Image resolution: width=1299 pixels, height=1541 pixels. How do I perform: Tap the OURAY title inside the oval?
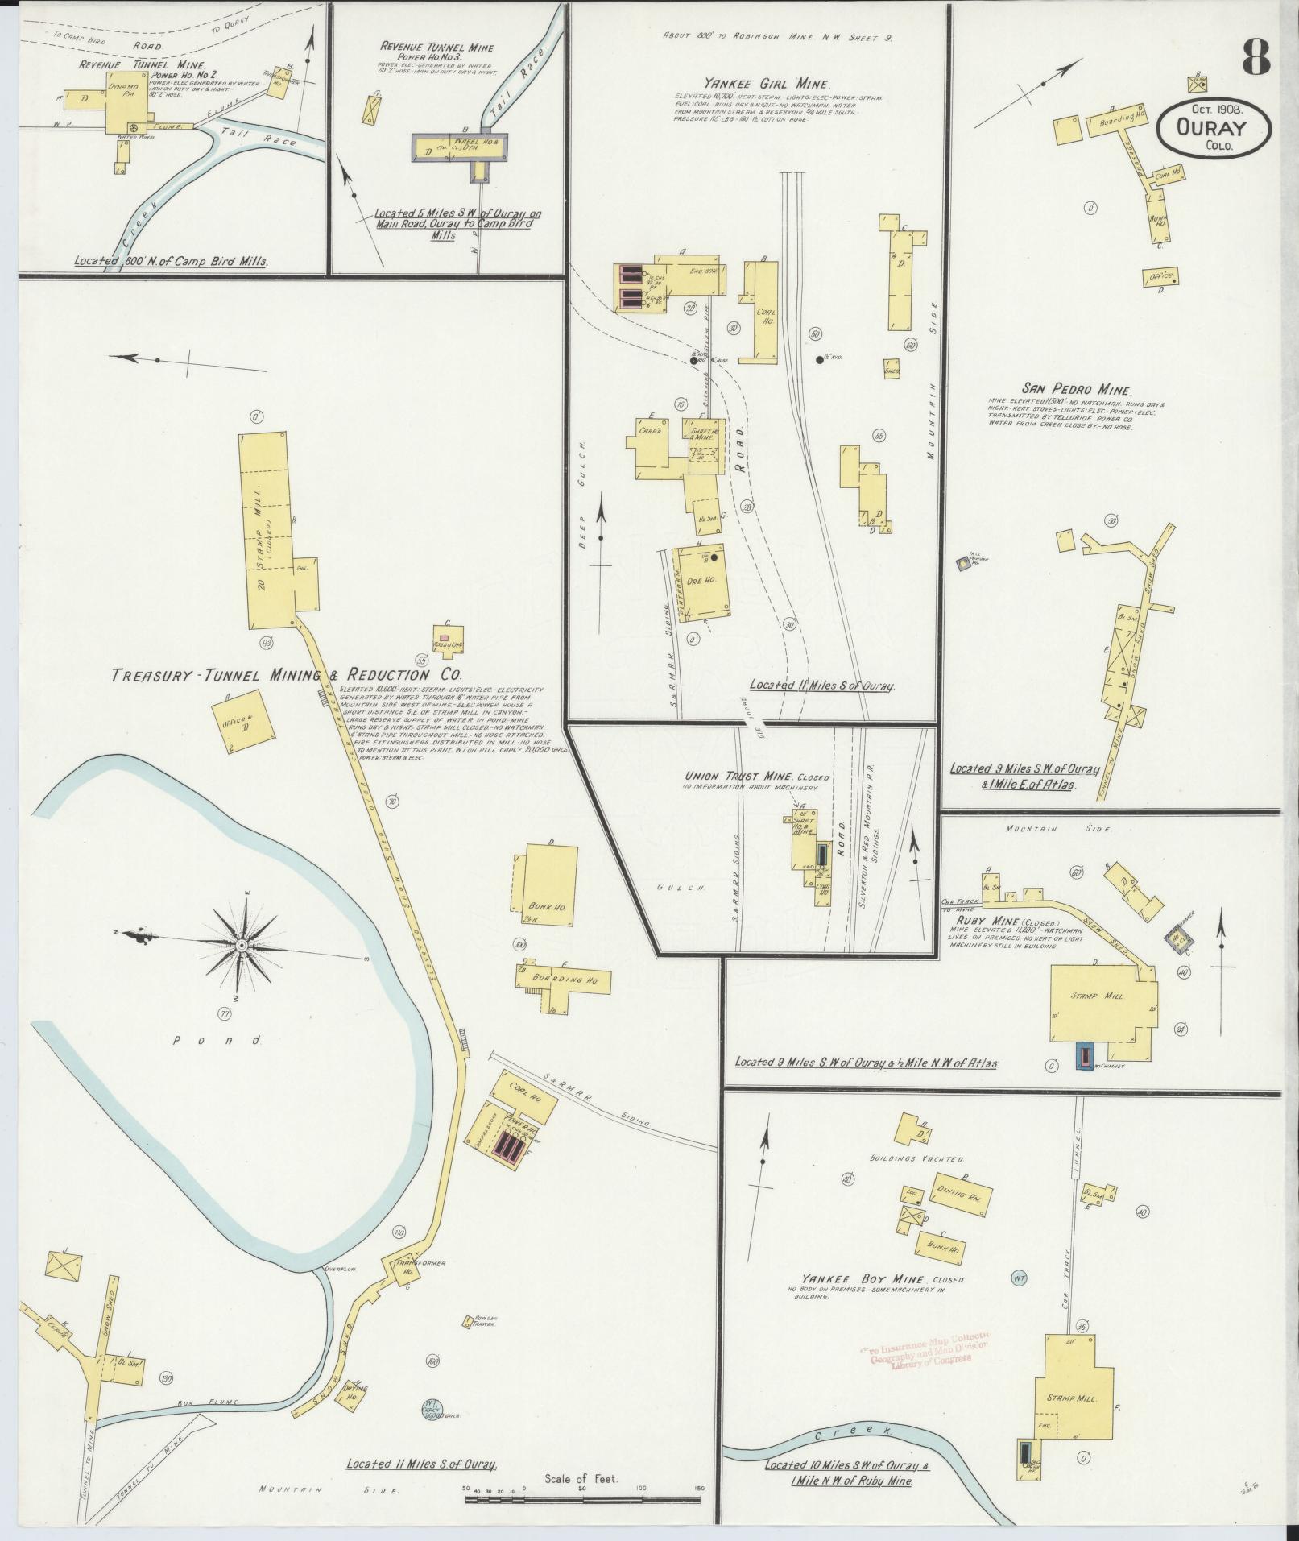(1213, 128)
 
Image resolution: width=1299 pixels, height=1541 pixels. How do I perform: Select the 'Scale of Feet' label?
(580, 1479)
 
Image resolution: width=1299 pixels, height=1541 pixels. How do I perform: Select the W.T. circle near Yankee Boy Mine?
(1018, 1277)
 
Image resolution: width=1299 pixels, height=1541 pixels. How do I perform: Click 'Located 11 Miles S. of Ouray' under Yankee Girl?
(822, 686)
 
